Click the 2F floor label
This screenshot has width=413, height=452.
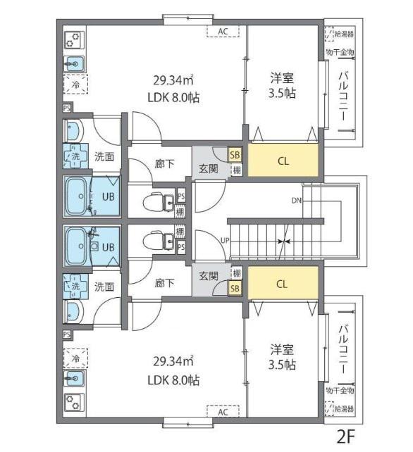pos(345,437)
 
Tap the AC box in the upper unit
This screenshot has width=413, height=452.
pos(223,32)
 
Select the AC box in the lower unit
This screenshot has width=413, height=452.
pos(223,412)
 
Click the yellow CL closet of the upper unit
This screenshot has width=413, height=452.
pos(283,161)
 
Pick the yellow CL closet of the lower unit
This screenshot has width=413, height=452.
pos(283,283)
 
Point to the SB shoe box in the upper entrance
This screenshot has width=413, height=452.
pos(235,155)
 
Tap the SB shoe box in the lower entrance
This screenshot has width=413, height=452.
pos(235,288)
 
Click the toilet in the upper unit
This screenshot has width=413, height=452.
pos(158,201)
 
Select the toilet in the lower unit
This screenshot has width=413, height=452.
pos(158,241)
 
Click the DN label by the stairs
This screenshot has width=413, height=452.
pos(297,201)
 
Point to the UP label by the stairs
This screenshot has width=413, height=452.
pos(225,240)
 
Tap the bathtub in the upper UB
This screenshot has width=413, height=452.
pos(77,196)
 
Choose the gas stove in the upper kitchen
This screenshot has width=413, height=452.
pos(74,40)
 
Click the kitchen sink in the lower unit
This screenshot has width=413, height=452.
pos(74,378)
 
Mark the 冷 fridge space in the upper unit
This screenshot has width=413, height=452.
pos(75,84)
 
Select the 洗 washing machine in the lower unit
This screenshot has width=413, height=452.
pos(75,287)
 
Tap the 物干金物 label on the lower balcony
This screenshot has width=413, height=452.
pos(340,391)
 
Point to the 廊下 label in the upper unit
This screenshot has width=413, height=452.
pos(164,164)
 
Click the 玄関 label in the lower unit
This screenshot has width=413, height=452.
pos(209,276)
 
